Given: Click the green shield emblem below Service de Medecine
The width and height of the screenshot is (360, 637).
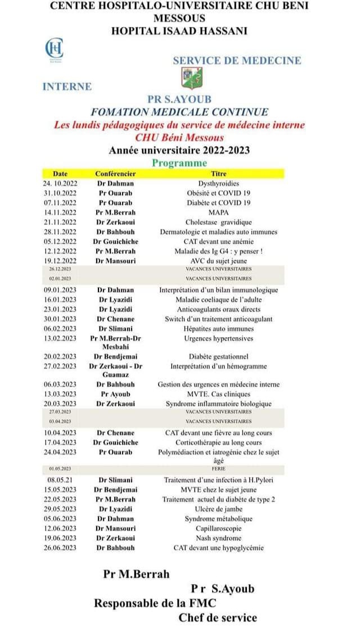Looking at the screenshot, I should click(187, 77).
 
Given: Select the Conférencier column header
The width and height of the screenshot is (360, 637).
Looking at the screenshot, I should click(115, 174).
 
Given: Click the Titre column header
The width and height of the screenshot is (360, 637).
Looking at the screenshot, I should click(218, 174).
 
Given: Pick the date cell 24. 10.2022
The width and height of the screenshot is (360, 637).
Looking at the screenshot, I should click(59, 183).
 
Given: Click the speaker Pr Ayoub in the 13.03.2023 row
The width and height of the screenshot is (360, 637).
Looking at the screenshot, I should click(115, 394).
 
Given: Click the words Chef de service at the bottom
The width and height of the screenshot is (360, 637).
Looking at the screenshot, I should click(218, 618).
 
